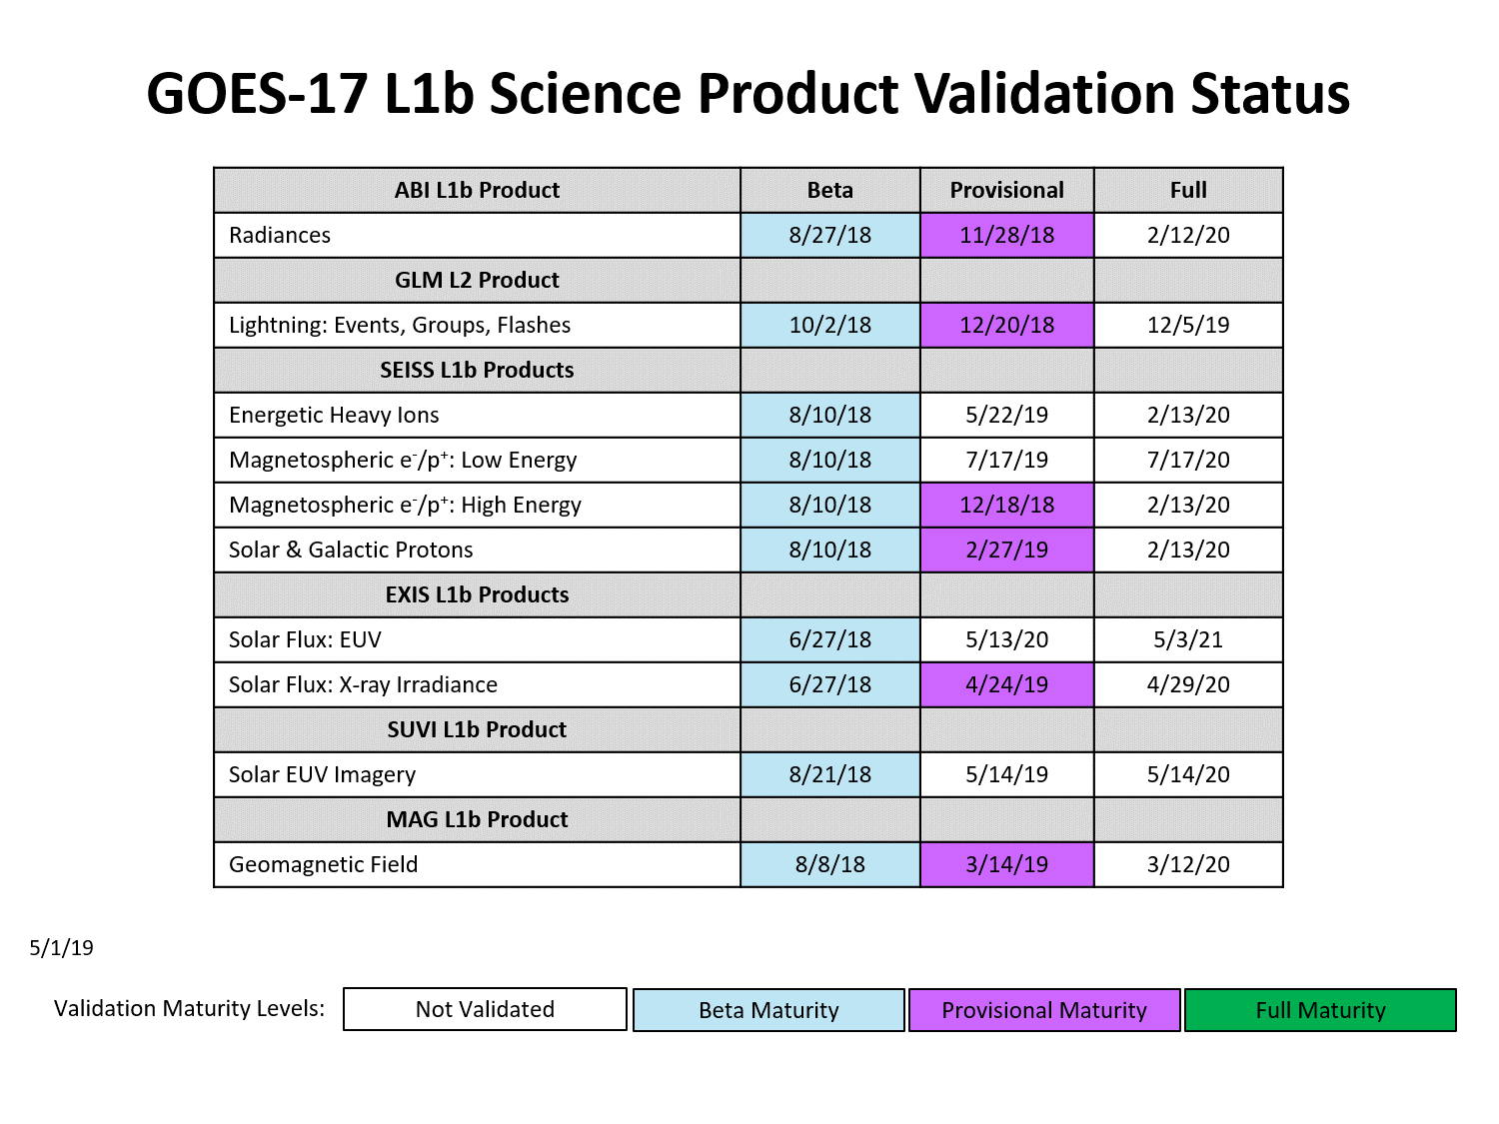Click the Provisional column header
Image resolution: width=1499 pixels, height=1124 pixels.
point(1006,190)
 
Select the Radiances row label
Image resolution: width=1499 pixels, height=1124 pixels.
point(279,235)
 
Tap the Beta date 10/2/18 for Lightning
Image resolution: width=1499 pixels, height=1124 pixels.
point(829,325)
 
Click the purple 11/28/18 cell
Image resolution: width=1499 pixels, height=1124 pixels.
point(1006,235)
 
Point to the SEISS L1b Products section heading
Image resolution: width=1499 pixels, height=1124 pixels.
point(477,370)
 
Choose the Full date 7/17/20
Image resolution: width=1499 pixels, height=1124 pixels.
point(1187,460)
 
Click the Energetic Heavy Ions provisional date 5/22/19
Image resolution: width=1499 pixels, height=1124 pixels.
point(1006,415)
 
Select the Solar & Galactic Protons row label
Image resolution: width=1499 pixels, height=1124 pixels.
point(351,550)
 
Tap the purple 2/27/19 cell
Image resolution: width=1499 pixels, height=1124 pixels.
point(1006,550)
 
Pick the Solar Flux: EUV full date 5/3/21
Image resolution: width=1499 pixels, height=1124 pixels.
point(1187,639)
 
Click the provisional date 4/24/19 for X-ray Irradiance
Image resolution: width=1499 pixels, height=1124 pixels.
point(1006,684)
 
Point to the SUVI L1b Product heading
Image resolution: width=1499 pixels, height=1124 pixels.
point(477,729)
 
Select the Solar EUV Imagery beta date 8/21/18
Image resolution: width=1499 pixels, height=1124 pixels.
point(829,774)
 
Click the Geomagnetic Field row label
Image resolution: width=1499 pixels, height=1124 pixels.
point(323,864)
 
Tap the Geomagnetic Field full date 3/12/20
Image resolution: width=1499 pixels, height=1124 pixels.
point(1187,864)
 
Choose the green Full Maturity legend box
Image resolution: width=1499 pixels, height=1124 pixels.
point(1320,1010)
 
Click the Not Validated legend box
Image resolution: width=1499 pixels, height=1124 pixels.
point(485,1009)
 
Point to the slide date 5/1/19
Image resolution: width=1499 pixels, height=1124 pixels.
point(61,948)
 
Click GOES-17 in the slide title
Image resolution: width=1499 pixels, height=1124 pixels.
point(257,94)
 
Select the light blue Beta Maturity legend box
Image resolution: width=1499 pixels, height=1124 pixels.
point(768,1010)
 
